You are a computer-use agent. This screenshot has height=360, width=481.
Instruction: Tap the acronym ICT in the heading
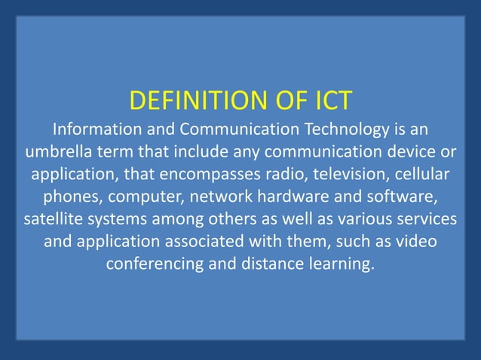click(x=328, y=100)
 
